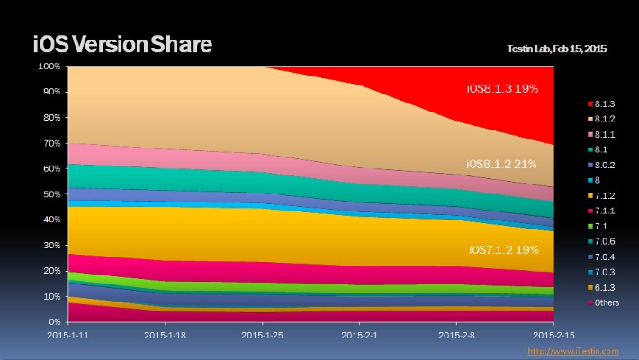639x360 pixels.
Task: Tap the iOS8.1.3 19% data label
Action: (503, 88)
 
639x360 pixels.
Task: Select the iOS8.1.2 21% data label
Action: (503, 165)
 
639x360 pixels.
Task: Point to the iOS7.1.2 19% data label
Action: (503, 249)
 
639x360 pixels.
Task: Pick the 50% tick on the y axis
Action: (52, 194)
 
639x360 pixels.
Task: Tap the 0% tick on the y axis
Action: (55, 321)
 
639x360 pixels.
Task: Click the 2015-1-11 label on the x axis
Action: (67, 333)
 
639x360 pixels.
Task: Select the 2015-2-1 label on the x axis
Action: (359, 333)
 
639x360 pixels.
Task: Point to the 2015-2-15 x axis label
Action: (553, 333)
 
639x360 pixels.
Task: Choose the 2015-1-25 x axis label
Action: (262, 333)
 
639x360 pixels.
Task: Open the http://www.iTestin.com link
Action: (573, 351)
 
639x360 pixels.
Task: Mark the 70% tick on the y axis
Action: (52, 143)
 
